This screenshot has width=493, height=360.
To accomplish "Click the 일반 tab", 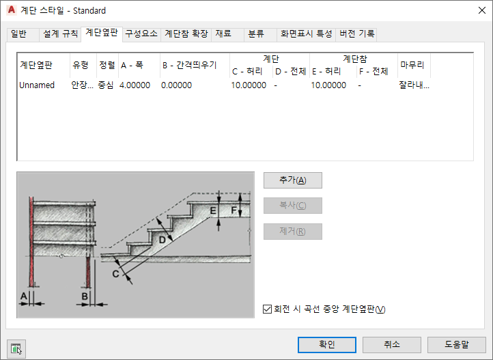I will pyautogui.click(x=18, y=33).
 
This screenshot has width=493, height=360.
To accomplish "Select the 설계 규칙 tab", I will pyautogui.click(x=59, y=33).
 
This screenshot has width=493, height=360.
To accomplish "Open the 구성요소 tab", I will pyautogui.click(x=141, y=33).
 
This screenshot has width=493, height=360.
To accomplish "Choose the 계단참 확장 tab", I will pyautogui.click(x=186, y=33).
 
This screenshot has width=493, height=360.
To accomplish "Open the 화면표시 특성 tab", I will pyautogui.click(x=306, y=33).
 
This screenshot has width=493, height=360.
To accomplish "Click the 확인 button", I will pyautogui.click(x=327, y=345).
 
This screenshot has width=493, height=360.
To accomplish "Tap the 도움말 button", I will pyautogui.click(x=457, y=345).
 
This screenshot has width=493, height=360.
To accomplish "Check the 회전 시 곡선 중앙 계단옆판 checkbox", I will pyautogui.click(x=267, y=309).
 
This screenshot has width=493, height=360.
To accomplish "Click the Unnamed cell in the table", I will pyautogui.click(x=37, y=85).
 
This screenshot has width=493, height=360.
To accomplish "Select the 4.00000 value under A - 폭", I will pyautogui.click(x=135, y=85).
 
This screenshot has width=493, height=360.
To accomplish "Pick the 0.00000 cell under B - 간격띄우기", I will pyautogui.click(x=176, y=85).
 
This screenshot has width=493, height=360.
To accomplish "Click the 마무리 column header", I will pyautogui.click(x=412, y=65).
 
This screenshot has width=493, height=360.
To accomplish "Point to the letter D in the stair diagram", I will pyautogui.click(x=163, y=240).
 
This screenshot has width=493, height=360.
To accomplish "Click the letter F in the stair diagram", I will pyautogui.click(x=234, y=210).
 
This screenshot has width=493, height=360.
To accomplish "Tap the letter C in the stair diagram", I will pyautogui.click(x=116, y=274).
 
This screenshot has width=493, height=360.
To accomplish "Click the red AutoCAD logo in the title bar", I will pyautogui.click(x=11, y=10).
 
